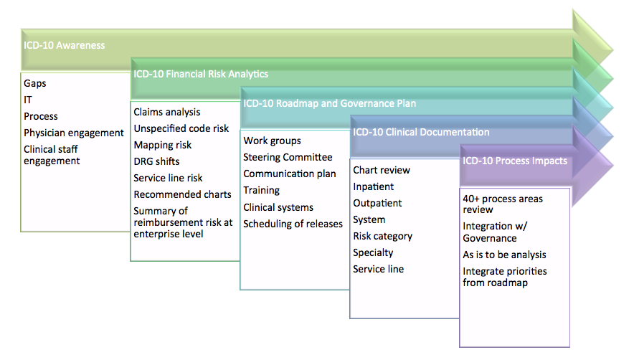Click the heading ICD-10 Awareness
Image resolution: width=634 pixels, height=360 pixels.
(x=64, y=45)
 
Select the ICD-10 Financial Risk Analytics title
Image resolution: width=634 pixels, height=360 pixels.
(x=201, y=73)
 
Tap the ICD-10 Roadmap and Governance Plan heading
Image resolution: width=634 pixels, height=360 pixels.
(x=329, y=103)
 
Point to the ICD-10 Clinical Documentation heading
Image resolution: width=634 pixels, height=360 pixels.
(x=421, y=132)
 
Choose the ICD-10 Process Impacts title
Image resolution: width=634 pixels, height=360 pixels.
(x=515, y=161)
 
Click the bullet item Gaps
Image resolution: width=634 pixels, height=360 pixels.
(x=35, y=83)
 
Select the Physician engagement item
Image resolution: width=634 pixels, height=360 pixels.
(x=74, y=133)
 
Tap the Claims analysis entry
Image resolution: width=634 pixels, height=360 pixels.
(x=167, y=112)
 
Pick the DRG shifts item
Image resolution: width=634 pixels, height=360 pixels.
(x=156, y=161)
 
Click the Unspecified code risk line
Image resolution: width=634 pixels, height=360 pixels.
(x=181, y=128)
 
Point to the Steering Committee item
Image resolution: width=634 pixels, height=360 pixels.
(x=288, y=157)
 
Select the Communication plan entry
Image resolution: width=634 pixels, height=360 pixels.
(x=290, y=174)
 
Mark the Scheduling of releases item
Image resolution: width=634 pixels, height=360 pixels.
(x=293, y=223)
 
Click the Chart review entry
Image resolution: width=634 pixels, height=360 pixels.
(x=382, y=170)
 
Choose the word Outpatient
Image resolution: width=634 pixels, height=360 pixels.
(x=377, y=203)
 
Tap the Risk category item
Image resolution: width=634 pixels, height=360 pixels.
(x=382, y=236)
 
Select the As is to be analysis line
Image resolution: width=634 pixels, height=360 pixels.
(x=504, y=255)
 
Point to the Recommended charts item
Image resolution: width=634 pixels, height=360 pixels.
(x=182, y=194)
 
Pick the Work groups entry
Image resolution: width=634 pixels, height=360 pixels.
(x=272, y=141)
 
